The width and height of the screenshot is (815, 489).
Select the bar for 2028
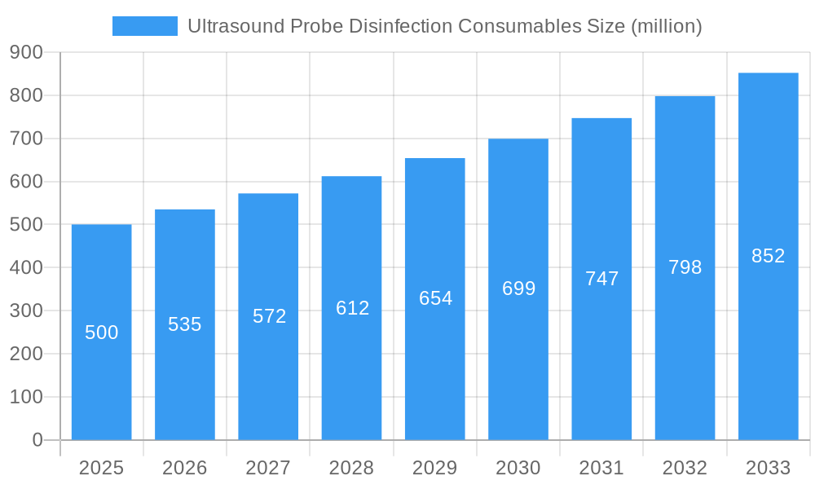(351, 367)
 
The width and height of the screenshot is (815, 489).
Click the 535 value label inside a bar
(185, 324)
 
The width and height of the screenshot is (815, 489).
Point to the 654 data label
(435, 298)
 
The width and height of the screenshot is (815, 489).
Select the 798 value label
(685, 267)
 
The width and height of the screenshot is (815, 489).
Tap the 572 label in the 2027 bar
(269, 316)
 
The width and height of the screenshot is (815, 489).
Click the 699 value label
(518, 289)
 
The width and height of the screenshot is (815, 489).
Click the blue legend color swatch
(144, 26)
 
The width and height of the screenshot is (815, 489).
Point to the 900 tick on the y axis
(26, 52)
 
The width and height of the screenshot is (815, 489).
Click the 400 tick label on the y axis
(26, 267)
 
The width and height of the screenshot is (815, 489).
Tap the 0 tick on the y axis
(37, 440)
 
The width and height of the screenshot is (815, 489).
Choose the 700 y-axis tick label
(26, 139)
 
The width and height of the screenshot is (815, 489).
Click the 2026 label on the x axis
(185, 468)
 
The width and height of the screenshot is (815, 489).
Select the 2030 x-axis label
(518, 468)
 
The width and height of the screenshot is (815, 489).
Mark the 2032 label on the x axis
(685, 468)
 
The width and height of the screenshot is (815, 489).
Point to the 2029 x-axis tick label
(435, 468)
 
